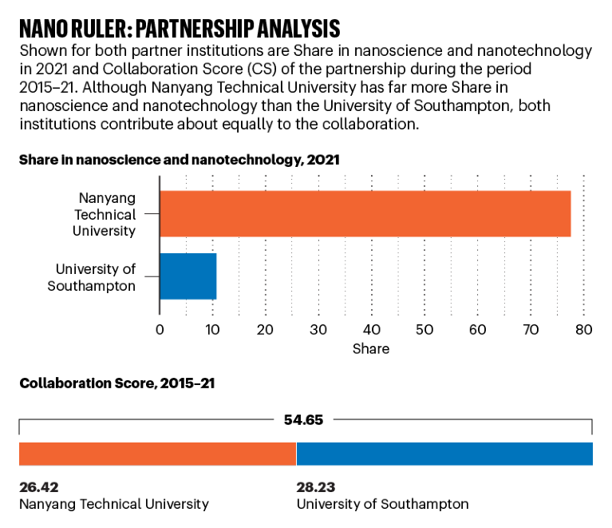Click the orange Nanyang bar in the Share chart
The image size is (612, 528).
point(365,214)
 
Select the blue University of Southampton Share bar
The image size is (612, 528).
point(188,276)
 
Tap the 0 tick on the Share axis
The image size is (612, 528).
point(160,329)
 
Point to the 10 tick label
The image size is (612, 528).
point(212,329)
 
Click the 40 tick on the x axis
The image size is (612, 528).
point(371,329)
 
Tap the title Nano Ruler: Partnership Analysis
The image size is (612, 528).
point(180,29)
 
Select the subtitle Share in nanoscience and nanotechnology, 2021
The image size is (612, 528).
point(180,160)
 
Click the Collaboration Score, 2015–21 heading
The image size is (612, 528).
point(116,383)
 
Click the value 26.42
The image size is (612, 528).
point(38,486)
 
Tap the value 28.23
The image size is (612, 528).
point(316,486)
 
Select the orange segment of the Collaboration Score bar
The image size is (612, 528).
point(157,454)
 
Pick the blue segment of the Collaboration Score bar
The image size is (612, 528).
point(444,454)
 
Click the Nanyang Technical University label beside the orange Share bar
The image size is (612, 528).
point(105,214)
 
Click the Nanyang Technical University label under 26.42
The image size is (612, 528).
point(113,504)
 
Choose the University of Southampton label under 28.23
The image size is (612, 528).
point(382,504)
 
